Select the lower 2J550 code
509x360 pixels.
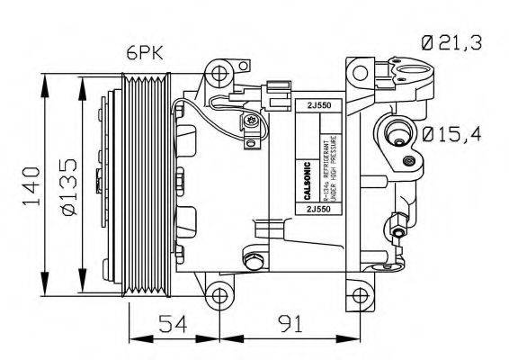tap(317, 208)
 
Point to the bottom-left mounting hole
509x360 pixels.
tap(217, 295)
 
